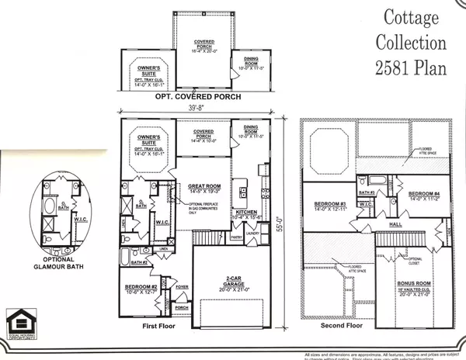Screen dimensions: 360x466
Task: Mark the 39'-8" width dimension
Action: [196, 110]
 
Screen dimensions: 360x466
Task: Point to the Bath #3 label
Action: [367, 191]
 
